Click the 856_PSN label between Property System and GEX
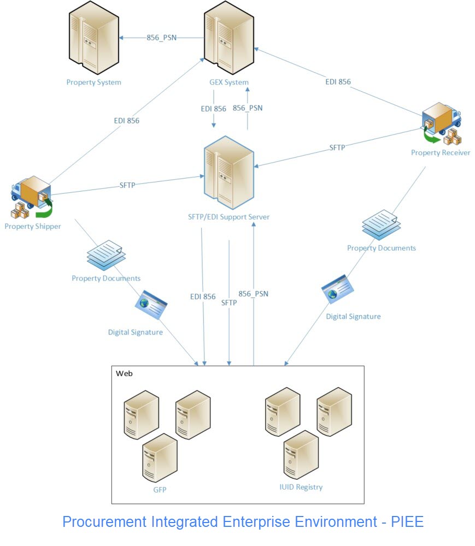(x=161, y=38)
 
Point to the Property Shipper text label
(x=33, y=226)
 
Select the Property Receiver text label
(x=441, y=153)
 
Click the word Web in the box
(x=124, y=373)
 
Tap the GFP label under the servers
(x=160, y=490)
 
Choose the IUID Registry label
(x=301, y=487)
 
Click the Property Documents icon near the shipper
(x=107, y=254)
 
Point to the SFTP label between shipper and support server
(x=127, y=185)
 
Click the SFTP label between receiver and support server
(x=337, y=147)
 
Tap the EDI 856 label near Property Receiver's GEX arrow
(x=338, y=82)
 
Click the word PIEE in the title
(x=407, y=521)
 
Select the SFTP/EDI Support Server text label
(x=228, y=217)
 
